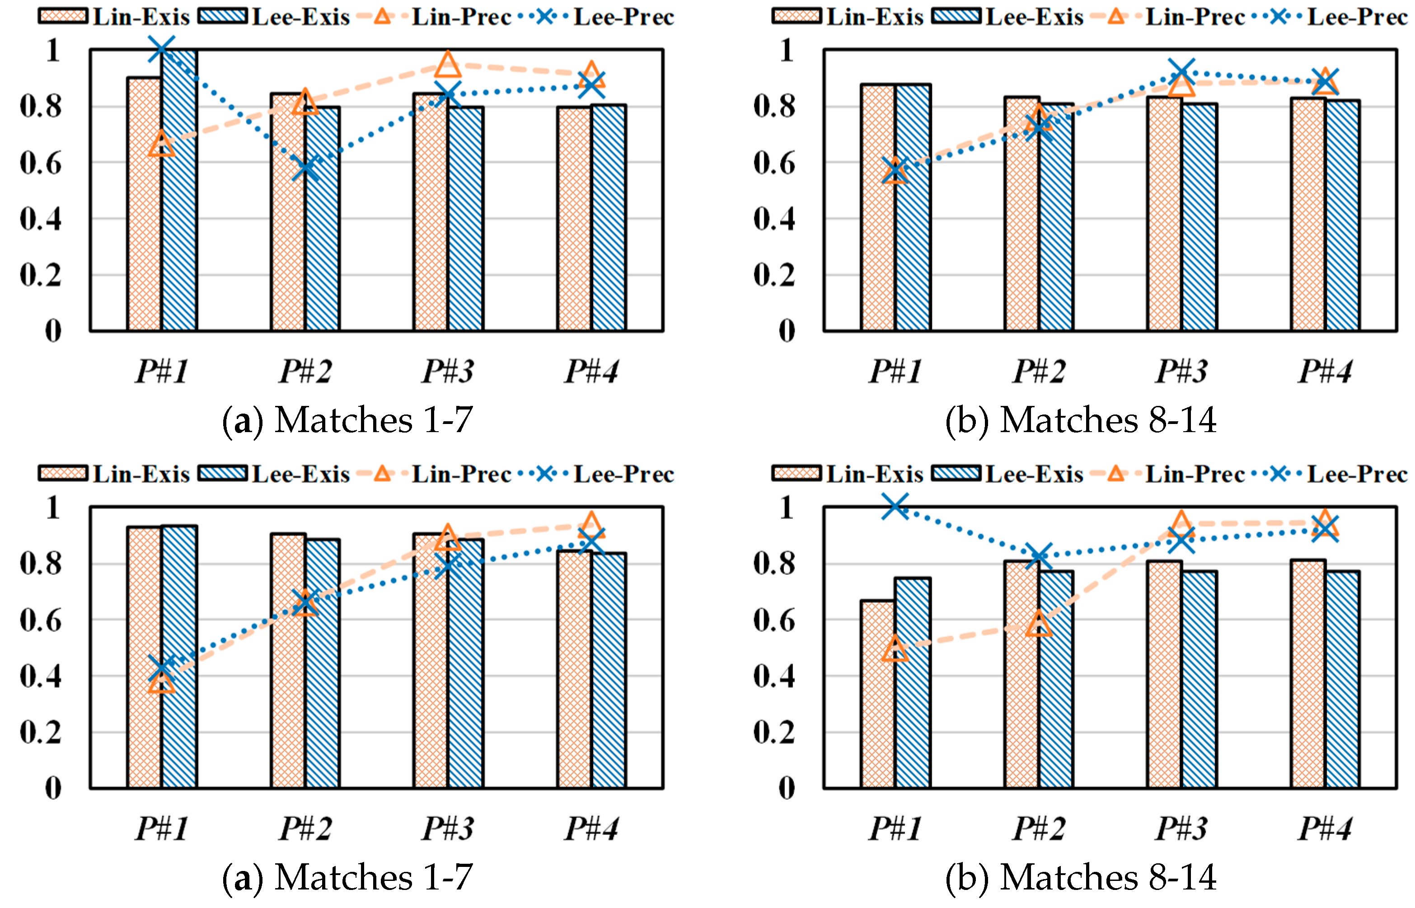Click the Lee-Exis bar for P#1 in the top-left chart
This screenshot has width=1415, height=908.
point(179,195)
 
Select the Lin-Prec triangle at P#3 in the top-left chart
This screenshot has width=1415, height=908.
point(448,64)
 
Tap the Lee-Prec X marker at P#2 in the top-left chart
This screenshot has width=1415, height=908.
point(305,168)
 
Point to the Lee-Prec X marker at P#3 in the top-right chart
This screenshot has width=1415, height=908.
point(1181,73)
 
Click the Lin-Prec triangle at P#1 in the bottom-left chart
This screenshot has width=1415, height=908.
point(161,682)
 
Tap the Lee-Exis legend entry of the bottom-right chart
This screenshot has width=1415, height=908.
point(1008,474)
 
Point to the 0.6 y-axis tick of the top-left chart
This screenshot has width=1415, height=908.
point(40,163)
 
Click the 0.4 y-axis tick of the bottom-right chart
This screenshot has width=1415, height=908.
point(774,676)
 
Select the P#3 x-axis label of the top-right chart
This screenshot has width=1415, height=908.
point(1181,372)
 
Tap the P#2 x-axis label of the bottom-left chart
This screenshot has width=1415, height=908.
point(305,829)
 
